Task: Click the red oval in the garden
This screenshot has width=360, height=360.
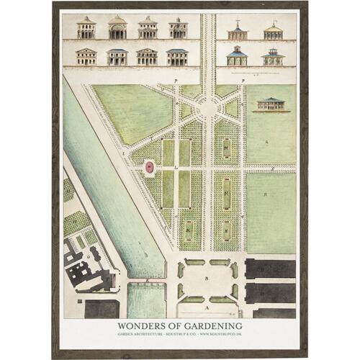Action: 149,168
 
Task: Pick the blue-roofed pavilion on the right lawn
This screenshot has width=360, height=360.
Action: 272,104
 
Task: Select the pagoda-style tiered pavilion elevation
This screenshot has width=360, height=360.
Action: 273,56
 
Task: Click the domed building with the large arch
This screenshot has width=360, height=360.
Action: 117,29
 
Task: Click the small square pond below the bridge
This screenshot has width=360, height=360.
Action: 147,298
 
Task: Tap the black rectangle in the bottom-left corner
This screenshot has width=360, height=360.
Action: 102,308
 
